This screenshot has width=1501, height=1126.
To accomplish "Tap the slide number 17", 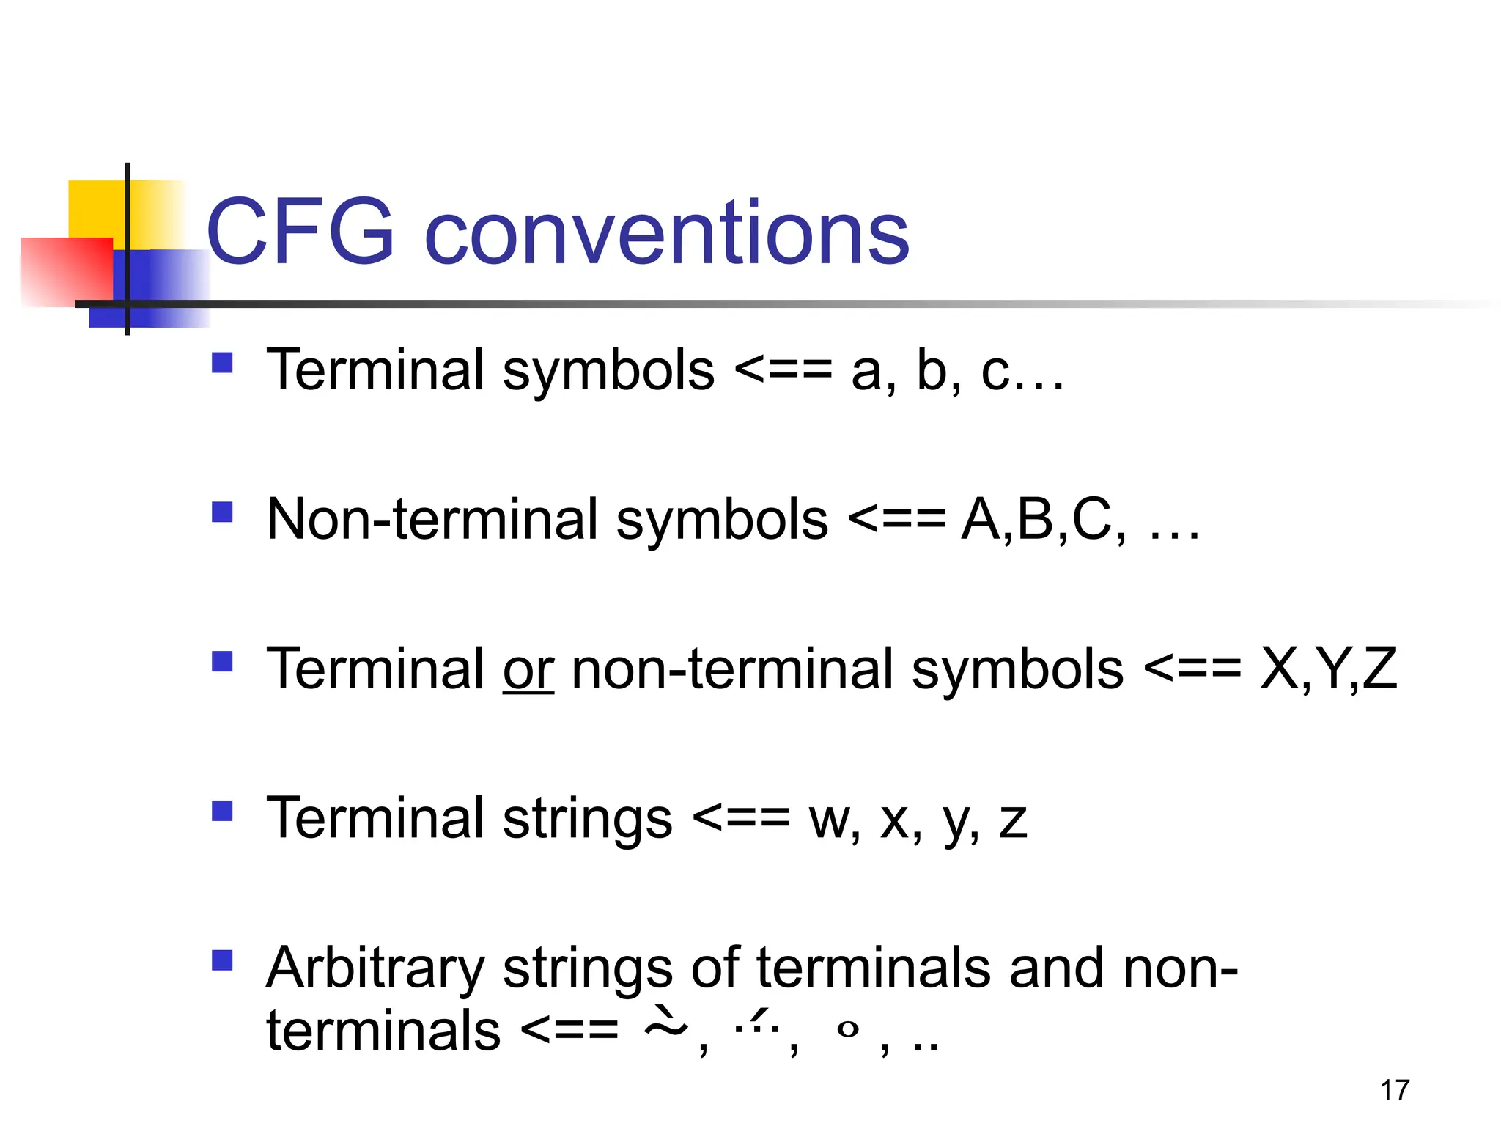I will pyautogui.click(x=1395, y=1090).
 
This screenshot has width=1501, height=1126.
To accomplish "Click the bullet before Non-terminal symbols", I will pyautogui.click(x=222, y=512).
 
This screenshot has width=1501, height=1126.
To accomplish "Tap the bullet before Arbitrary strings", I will pyautogui.click(x=222, y=960).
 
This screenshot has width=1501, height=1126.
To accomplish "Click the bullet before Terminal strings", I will pyautogui.click(x=222, y=810).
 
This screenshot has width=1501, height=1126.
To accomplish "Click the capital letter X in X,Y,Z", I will pyautogui.click(x=1279, y=669).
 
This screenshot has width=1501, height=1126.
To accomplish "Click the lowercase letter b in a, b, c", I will pyautogui.click(x=932, y=371).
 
